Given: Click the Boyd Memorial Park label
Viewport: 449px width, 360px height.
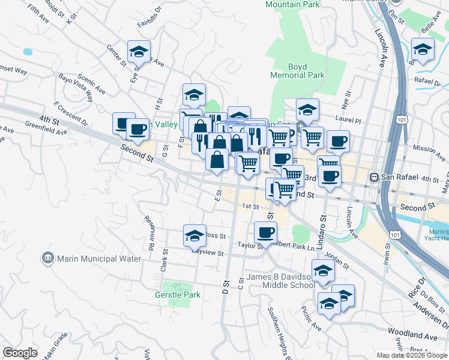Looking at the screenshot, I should point(297,71).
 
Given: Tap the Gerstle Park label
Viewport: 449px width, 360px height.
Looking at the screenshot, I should point(176,295).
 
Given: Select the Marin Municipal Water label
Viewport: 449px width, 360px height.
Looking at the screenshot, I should point(99,259).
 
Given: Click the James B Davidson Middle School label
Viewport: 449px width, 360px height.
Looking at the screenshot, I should point(281,281).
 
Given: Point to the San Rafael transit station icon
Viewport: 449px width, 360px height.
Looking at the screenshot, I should point(375,178).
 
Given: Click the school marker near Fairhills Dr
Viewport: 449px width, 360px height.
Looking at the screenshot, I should point(139,52).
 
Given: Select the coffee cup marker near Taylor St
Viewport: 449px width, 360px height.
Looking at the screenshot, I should point(265,232).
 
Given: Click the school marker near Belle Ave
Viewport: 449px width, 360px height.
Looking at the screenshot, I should point(423,50).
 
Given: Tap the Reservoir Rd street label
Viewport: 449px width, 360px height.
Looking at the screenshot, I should point(149,230).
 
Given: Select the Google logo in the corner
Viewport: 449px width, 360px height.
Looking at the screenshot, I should point(20,353).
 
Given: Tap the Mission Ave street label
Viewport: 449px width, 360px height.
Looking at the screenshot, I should point(427,148).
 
